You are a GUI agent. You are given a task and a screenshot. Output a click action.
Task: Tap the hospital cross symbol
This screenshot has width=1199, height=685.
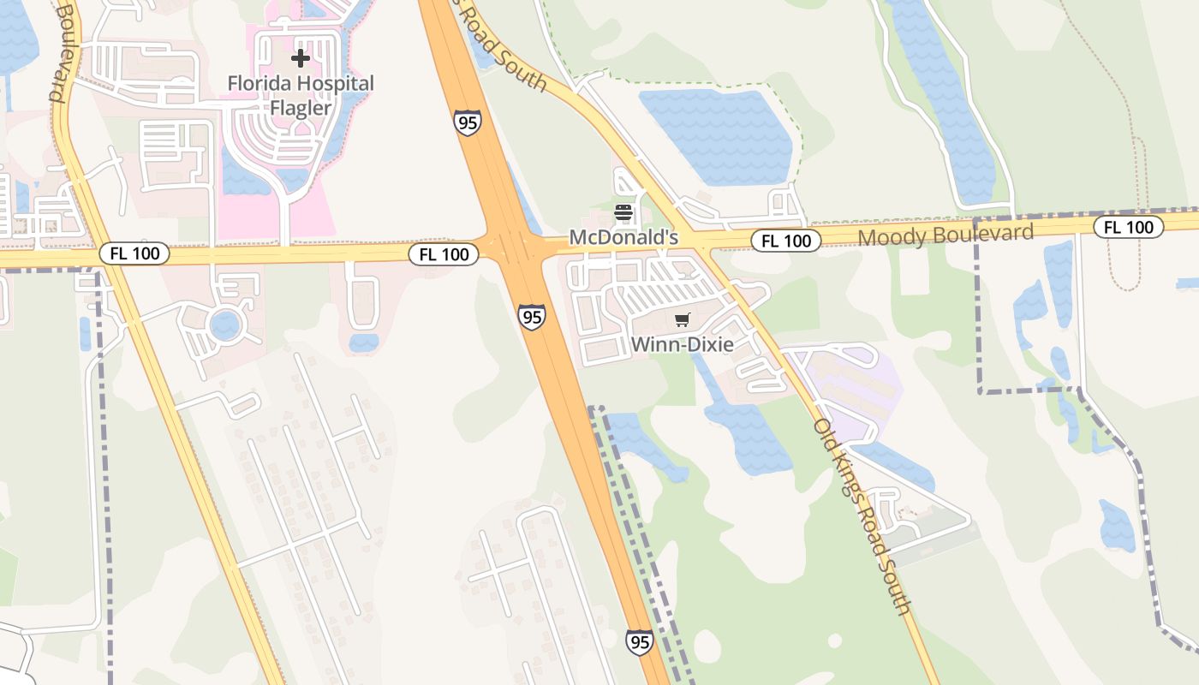click(300, 58)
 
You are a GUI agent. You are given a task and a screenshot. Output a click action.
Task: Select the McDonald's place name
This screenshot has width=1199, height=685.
click(623, 237)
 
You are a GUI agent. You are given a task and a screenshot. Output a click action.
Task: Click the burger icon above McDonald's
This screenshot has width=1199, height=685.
click(623, 212)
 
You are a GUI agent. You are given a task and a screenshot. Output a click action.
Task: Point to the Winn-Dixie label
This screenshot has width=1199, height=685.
click(682, 345)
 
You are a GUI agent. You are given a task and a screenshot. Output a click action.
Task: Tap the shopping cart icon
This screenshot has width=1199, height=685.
click(682, 320)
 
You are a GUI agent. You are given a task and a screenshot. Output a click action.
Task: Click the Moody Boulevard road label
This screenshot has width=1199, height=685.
click(945, 234)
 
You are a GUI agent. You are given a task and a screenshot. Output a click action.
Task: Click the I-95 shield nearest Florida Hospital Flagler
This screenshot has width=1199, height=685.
click(468, 123)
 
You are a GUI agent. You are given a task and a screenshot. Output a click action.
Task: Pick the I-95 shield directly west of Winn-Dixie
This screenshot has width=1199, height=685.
click(532, 317)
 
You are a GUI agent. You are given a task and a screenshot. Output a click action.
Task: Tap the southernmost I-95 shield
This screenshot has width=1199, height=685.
click(639, 641)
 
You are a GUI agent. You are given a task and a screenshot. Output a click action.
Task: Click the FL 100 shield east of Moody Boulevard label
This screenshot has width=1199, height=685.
click(1129, 227)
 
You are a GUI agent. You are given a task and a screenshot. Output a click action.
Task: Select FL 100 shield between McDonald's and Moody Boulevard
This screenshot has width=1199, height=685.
click(786, 241)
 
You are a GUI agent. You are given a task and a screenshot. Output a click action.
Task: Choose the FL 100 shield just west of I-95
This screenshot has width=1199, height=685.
click(444, 253)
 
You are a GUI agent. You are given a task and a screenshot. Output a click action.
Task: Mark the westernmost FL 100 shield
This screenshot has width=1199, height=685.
click(134, 253)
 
